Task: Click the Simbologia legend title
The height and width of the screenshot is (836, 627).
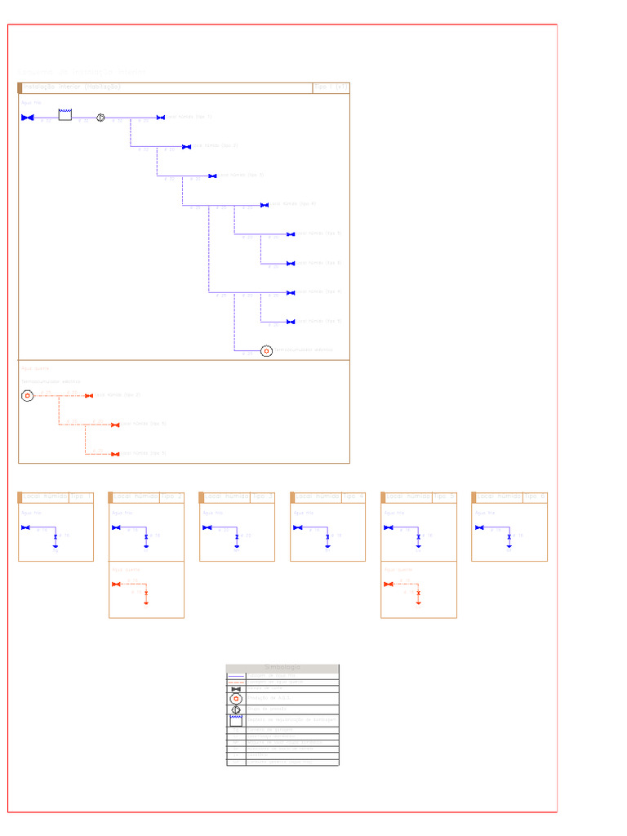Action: pos(282,668)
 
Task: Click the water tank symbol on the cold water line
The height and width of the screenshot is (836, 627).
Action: pos(65,116)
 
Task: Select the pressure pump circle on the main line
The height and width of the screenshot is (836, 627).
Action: pos(100,118)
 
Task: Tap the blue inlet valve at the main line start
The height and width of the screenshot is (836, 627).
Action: pos(27,118)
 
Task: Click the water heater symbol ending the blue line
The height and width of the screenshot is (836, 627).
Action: pos(266,351)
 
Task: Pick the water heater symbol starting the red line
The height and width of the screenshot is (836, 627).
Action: pos(27,396)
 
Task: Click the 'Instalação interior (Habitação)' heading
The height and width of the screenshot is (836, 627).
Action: pos(72,87)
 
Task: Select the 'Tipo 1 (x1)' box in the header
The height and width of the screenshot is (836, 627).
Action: pos(331,87)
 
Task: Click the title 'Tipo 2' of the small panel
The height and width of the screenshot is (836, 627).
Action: pos(171,496)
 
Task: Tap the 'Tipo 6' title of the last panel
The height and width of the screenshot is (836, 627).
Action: pos(535,496)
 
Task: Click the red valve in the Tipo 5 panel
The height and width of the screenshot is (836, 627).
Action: pos(389,584)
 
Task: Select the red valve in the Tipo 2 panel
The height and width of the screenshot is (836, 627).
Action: pos(116,584)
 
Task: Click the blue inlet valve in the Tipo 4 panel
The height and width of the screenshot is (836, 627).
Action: pos(298,527)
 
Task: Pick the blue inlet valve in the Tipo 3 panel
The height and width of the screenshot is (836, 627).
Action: pos(207,527)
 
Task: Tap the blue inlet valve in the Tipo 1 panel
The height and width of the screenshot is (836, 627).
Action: pos(25,527)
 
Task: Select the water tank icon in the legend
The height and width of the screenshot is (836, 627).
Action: pos(236,720)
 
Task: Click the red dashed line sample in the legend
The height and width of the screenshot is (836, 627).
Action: pos(236,682)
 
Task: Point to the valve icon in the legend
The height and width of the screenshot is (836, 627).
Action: pos(236,689)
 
